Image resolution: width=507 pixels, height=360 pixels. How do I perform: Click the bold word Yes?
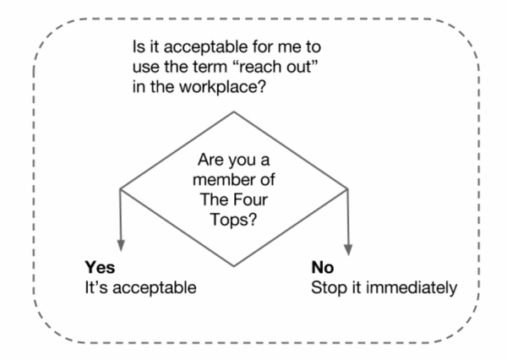pos(100,268)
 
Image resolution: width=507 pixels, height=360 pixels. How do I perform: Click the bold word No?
pos(323,268)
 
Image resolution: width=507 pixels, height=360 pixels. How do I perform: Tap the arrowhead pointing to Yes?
pos(121,246)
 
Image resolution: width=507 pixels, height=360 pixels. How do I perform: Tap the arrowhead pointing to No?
pos(348,249)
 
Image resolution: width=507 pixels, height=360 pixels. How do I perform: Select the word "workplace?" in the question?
pos(222,87)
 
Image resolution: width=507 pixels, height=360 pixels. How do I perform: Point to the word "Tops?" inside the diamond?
pos(233,221)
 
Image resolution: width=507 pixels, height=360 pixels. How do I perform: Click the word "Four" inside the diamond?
pos(251,199)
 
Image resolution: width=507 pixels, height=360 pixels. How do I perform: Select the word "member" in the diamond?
pos(219,180)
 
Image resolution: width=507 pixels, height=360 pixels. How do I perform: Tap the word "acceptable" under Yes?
pos(155,288)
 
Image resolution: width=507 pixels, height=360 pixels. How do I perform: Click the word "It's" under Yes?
pos(96,287)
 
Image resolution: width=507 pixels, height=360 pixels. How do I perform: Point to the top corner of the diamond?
pos(234,112)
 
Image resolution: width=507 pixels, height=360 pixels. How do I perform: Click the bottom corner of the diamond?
pos(234,266)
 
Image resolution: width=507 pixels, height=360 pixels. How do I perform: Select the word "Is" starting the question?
pos(139,47)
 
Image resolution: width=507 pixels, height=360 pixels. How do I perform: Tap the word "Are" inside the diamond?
pos(211,160)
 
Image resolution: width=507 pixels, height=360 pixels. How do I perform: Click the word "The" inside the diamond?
pos(215,199)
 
